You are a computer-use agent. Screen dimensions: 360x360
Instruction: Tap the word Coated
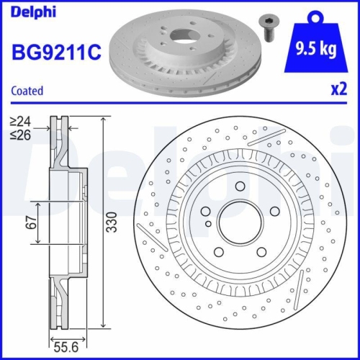tap(27, 91)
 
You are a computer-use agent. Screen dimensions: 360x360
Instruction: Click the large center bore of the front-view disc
tap(238, 219)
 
